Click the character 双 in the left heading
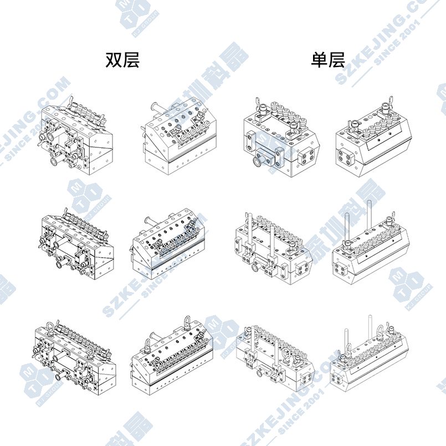point(114,60)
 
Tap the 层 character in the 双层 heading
point(131,60)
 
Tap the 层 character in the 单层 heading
point(336,60)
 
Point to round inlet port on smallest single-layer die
point(258,162)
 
